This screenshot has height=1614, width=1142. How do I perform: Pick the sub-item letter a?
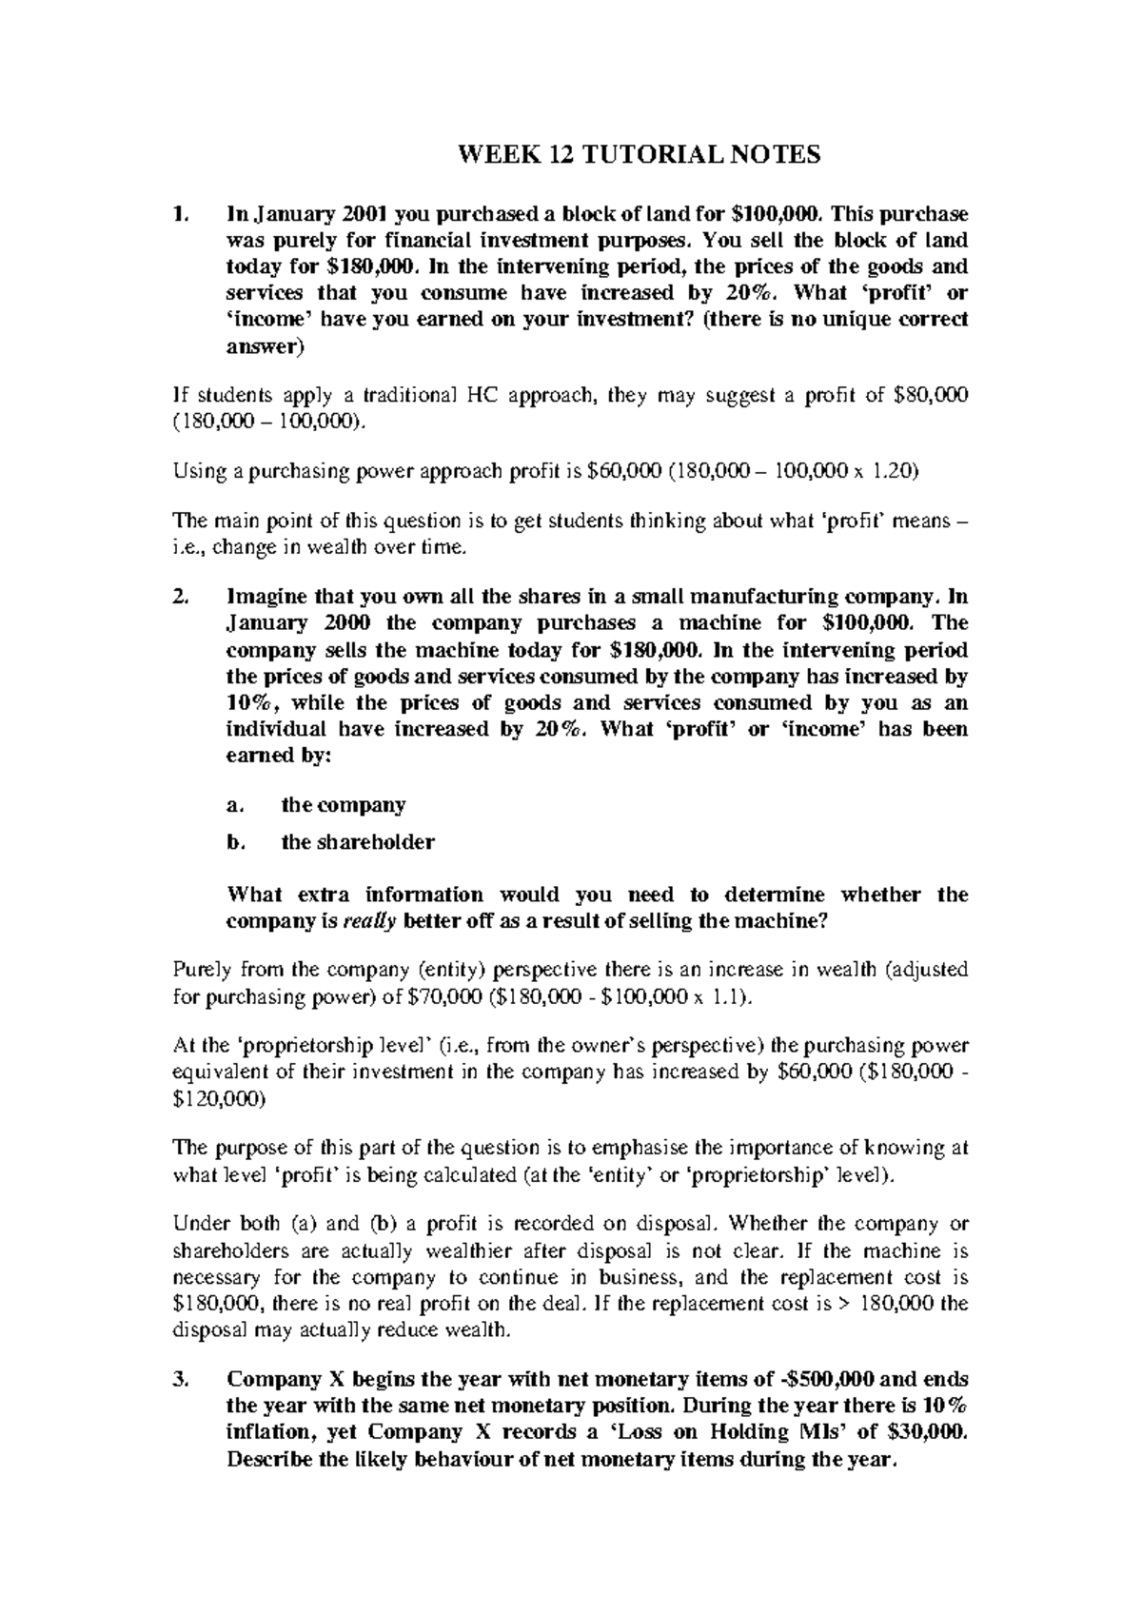pyautogui.click(x=232, y=806)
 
